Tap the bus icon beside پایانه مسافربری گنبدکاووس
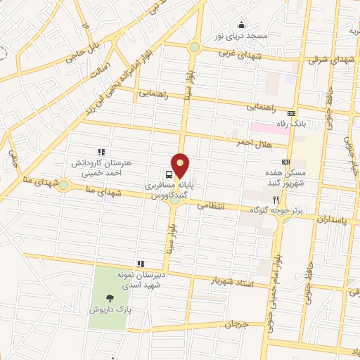coord(169,174)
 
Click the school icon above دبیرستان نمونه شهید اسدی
coord(141,264)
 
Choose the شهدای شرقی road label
coord(325,60)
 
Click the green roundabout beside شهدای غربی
coord(194,47)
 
